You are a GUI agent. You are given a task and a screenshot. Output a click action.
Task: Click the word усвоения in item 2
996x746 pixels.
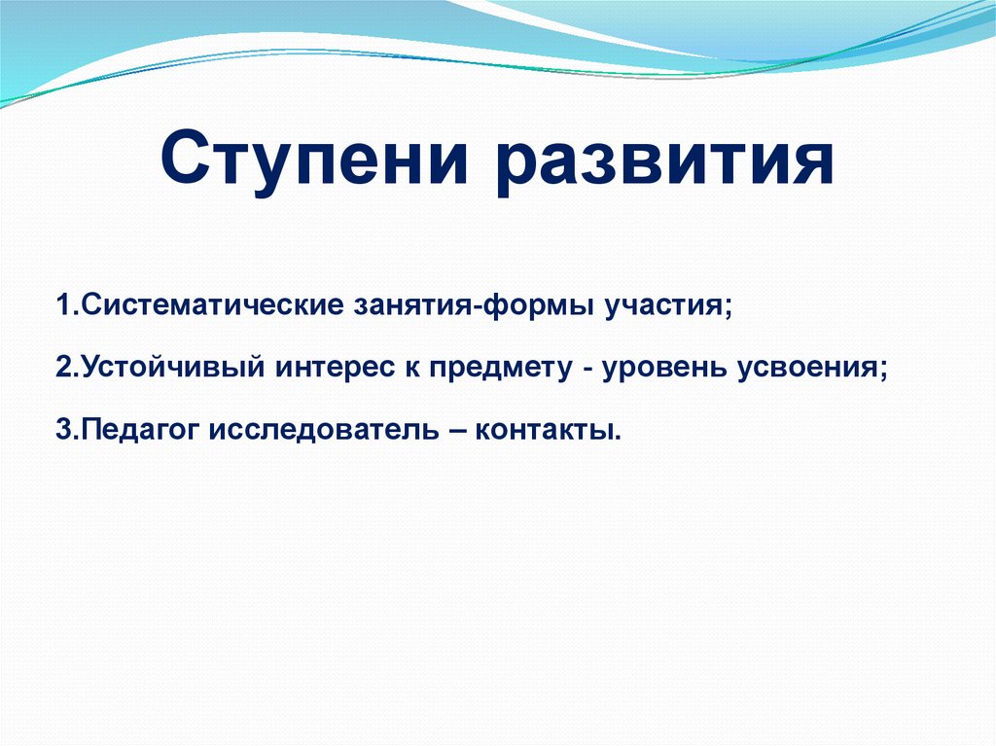pyautogui.click(x=808, y=369)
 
